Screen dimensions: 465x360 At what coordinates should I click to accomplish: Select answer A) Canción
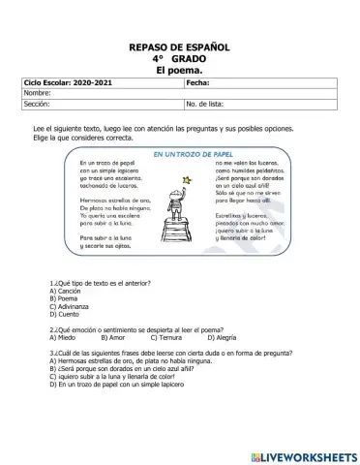click(66, 291)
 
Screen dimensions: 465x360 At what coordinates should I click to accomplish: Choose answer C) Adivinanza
click(70, 306)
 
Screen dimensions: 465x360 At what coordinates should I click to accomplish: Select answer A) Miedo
click(62, 337)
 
